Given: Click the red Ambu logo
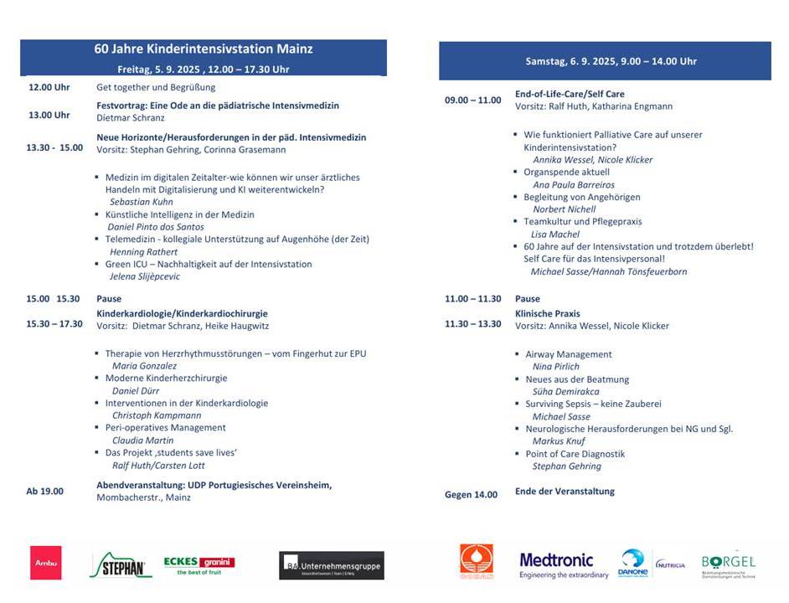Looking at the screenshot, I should [46, 563].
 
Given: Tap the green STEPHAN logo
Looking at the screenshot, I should [121, 565].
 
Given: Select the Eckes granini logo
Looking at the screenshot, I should [199, 565].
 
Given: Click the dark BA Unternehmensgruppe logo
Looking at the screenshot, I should [332, 565].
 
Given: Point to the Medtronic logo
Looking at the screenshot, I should [556, 564].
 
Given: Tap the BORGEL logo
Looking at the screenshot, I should [728, 564].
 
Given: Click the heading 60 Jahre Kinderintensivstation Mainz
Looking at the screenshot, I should [204, 49].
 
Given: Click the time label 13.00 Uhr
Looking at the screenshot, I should [49, 115].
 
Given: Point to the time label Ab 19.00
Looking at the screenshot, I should [44, 491].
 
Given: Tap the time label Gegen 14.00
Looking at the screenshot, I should [471, 494].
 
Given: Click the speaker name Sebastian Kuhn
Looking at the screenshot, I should [141, 202].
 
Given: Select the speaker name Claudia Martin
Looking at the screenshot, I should [143, 440].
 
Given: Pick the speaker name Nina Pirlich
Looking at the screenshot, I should [556, 366].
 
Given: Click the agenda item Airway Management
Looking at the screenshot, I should [569, 354].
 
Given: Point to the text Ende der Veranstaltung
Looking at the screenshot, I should [565, 491].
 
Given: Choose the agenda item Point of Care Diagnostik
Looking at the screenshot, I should [575, 454].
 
